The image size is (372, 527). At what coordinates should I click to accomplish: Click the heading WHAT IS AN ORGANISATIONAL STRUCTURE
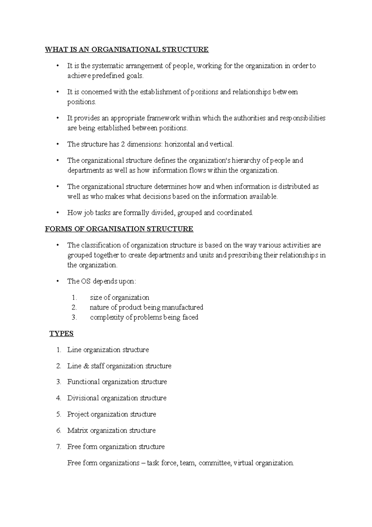(127, 49)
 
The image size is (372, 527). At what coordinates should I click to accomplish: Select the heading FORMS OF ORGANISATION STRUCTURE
(119, 229)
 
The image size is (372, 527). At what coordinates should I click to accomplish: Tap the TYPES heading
(61, 334)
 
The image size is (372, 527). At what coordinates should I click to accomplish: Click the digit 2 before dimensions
(122, 144)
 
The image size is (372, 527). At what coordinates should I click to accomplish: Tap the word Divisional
(83, 398)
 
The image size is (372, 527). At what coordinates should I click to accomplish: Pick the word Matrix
(77, 430)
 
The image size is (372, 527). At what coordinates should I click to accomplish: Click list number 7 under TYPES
(58, 447)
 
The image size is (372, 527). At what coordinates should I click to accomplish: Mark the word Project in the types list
(78, 414)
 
